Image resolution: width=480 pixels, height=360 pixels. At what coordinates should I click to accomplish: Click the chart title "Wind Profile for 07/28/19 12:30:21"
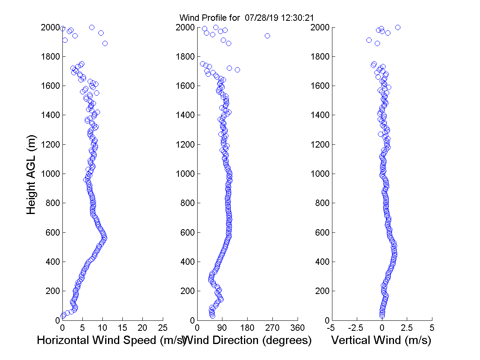[x=246, y=18]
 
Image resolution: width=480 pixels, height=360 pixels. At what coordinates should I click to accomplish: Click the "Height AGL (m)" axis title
[x=32, y=174]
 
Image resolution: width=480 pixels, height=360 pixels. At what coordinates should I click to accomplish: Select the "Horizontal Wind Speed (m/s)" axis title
[x=111, y=340]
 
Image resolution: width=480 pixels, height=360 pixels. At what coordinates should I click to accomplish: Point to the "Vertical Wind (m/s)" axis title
[x=381, y=340]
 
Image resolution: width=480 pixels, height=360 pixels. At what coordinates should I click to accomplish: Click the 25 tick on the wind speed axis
[x=163, y=328]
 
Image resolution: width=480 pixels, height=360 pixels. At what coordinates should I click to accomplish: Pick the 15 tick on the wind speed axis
[x=123, y=328]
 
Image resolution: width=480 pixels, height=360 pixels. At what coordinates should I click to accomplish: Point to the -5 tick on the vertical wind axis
[x=331, y=328]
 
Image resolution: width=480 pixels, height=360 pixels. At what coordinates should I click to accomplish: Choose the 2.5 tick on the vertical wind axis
[x=407, y=328]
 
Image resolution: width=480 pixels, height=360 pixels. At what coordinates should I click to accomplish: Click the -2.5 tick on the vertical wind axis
[x=356, y=328]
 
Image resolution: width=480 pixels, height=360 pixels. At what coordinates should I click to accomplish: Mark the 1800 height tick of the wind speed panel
[x=50, y=57]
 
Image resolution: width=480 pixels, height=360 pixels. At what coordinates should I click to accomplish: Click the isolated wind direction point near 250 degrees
[x=267, y=36]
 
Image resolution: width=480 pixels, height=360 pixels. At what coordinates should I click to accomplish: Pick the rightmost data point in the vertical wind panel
[x=398, y=27]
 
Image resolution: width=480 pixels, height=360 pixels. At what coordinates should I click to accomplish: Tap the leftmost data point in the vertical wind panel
[x=369, y=40]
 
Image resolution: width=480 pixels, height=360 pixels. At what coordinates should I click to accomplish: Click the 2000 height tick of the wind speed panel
[x=50, y=28]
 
